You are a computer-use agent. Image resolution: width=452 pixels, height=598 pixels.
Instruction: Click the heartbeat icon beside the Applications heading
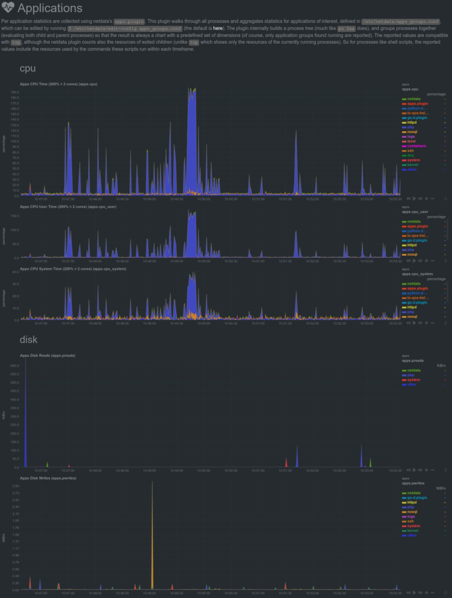tap(8, 8)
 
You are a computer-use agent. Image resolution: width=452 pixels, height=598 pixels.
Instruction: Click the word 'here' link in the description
tap(218, 28)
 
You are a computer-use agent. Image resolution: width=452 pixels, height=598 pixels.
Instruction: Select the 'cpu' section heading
tap(27, 68)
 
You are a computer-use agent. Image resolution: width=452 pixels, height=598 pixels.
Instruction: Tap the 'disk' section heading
tap(29, 339)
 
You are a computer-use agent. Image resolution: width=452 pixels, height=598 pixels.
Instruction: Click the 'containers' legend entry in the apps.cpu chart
tap(416, 145)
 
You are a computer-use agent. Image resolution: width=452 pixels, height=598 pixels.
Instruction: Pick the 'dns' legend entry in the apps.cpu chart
tap(410, 155)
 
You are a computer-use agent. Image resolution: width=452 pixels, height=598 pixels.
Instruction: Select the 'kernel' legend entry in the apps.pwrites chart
tap(412, 530)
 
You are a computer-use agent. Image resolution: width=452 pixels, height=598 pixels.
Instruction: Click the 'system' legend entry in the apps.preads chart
tap(414, 380)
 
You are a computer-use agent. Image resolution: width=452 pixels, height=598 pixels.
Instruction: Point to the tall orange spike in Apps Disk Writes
tap(152, 526)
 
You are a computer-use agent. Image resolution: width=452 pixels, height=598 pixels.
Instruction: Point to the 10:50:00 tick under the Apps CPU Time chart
tap(204, 199)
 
